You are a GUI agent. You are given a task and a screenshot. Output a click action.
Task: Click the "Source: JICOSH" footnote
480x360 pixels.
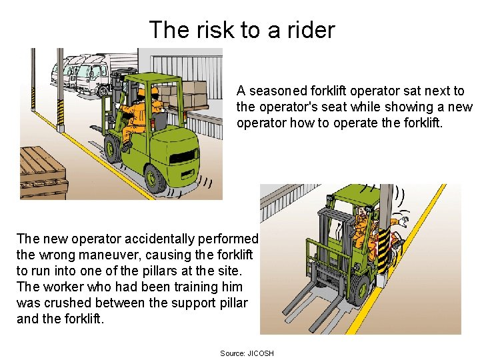coord(247,353)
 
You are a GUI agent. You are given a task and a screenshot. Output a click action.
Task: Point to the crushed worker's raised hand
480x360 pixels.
coord(404,221)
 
